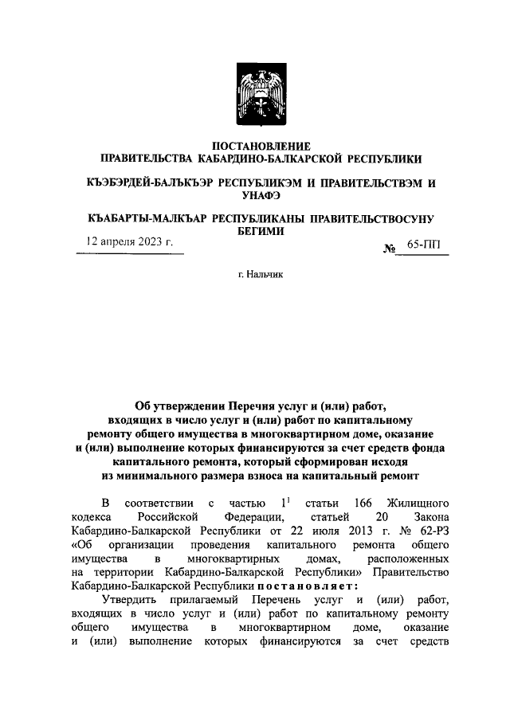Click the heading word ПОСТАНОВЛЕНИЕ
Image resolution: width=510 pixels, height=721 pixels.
pyautogui.click(x=255, y=146)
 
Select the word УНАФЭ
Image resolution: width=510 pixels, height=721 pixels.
pyautogui.click(x=255, y=194)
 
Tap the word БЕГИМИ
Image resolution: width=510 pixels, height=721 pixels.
pyautogui.click(x=255, y=231)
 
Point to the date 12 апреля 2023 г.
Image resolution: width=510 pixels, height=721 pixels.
pyautogui.click(x=129, y=242)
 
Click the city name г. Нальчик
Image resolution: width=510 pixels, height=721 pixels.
pyautogui.click(x=255, y=274)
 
